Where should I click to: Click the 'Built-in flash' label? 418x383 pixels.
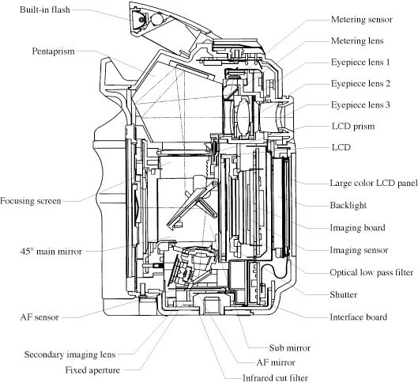[x=45, y=10]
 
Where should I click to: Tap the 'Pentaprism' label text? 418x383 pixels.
[x=53, y=51]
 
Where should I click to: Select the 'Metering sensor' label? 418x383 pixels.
[x=362, y=20]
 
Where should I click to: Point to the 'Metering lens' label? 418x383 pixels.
[x=357, y=41]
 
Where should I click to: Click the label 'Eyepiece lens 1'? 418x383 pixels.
[x=360, y=63]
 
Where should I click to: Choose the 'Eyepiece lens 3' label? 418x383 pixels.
[x=360, y=105]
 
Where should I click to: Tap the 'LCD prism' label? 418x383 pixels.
[x=353, y=127]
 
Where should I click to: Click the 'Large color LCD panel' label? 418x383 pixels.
[x=374, y=183]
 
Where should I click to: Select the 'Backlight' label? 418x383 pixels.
[x=348, y=205]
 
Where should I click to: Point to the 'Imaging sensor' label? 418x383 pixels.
[x=359, y=250]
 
